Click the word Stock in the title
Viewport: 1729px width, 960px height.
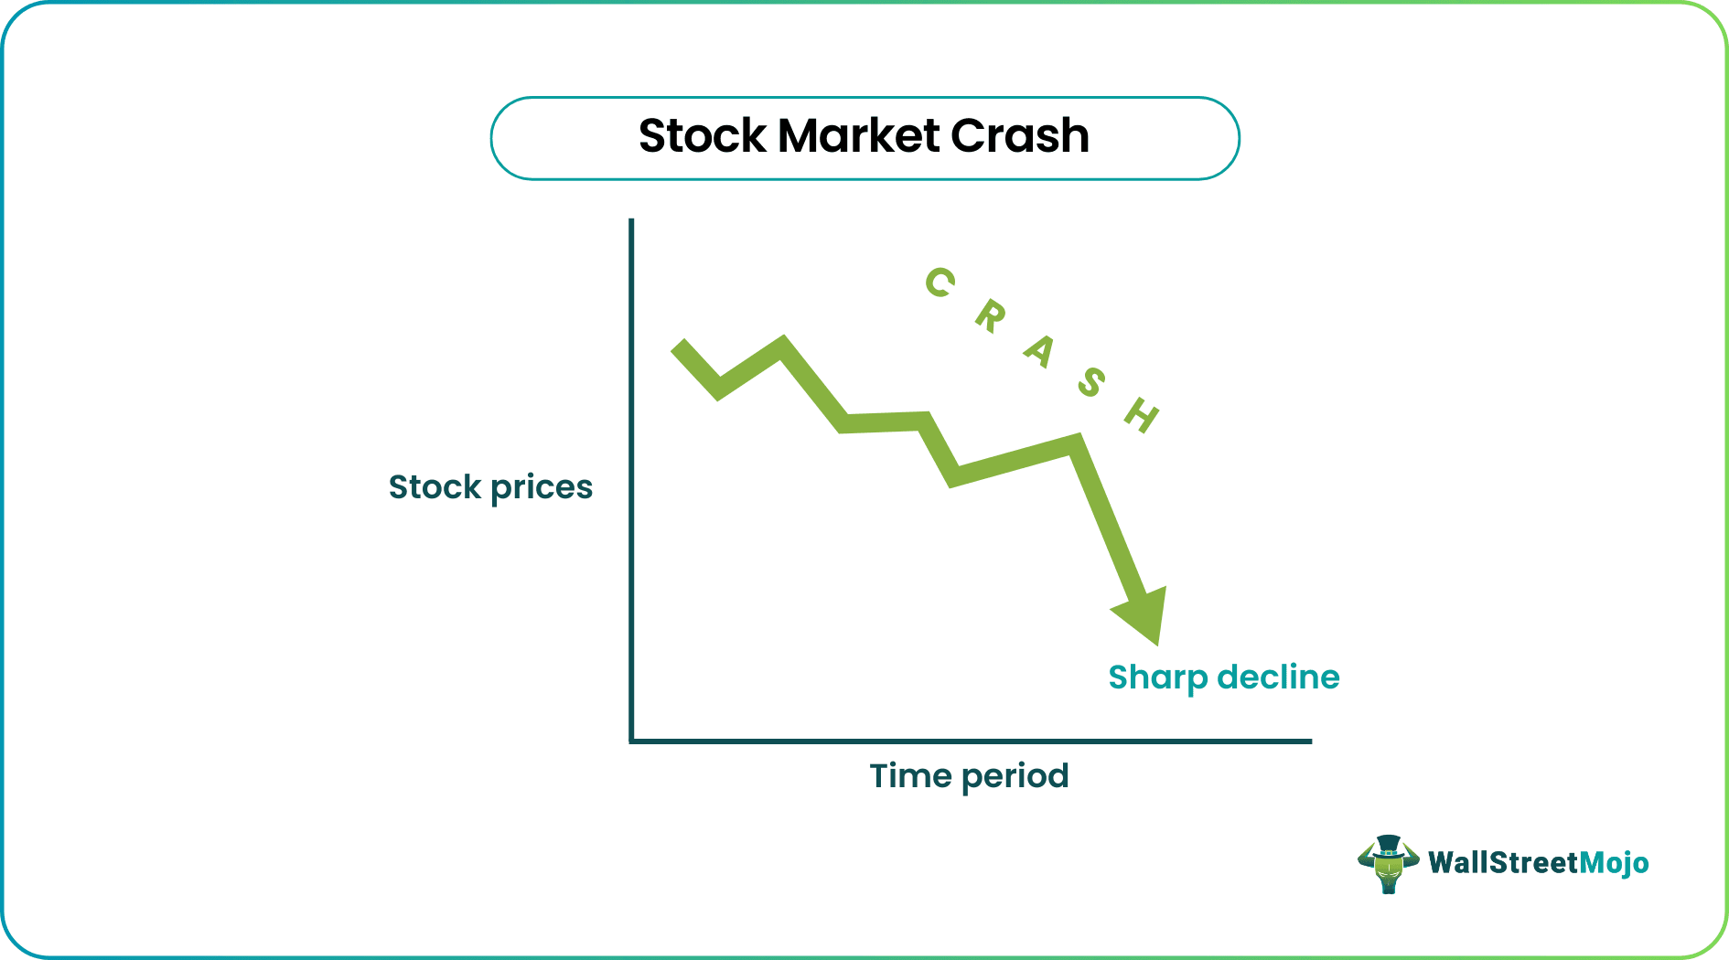tap(702, 136)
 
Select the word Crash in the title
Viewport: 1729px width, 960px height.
tap(1019, 136)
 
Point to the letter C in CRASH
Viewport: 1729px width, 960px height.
tap(940, 283)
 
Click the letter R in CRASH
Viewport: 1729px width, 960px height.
tap(990, 317)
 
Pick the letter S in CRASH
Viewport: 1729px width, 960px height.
tap(1090, 381)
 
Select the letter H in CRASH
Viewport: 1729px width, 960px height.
tap(1142, 415)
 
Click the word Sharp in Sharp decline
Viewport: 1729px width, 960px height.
tap(1157, 678)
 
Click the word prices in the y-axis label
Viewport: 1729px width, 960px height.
tap(542, 488)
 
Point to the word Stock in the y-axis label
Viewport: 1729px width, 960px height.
tap(435, 486)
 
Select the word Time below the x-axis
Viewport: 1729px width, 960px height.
tap(910, 776)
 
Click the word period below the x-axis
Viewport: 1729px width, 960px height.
tap(1015, 777)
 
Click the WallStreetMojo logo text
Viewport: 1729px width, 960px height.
tap(1538, 863)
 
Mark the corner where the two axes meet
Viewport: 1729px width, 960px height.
tap(631, 741)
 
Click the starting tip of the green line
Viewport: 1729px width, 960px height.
tap(679, 348)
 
